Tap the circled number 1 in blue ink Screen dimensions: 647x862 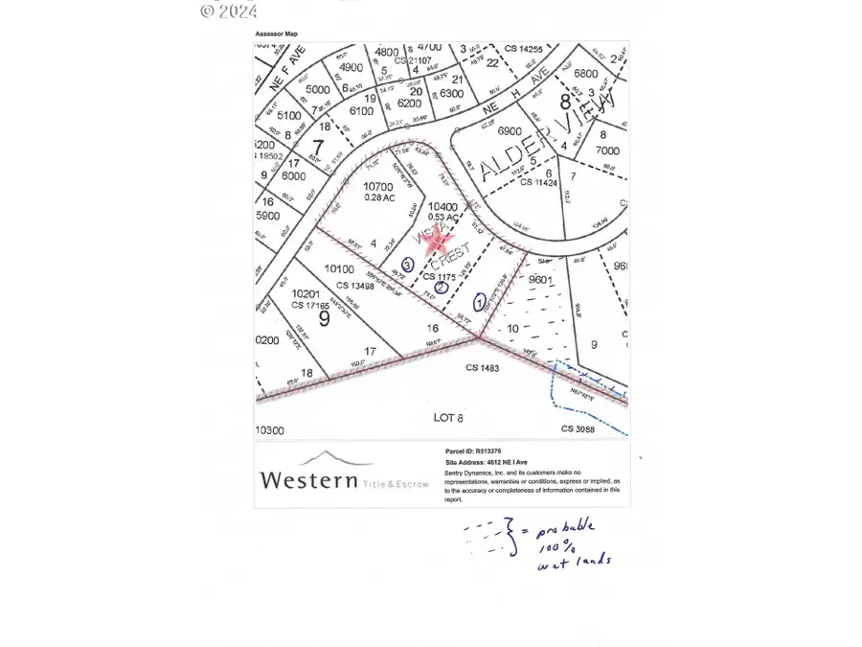pyautogui.click(x=479, y=299)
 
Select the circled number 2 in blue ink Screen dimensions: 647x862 pyautogui.click(x=441, y=287)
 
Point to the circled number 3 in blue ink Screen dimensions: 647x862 pyautogui.click(x=407, y=264)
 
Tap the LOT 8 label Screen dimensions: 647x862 pyautogui.click(x=449, y=417)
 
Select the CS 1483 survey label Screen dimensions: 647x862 pyautogui.click(x=484, y=367)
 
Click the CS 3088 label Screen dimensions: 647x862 pyautogui.click(x=578, y=429)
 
